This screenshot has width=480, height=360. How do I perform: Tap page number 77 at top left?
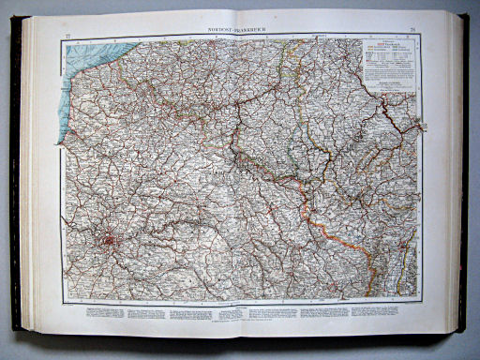tap(64, 35)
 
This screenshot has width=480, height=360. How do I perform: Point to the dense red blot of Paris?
tap(110, 239)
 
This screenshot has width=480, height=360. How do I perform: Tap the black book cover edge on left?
tap(15, 178)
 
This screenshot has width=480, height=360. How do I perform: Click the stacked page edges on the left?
tap(28, 178)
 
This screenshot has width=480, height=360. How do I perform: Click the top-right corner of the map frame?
tap(420, 36)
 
